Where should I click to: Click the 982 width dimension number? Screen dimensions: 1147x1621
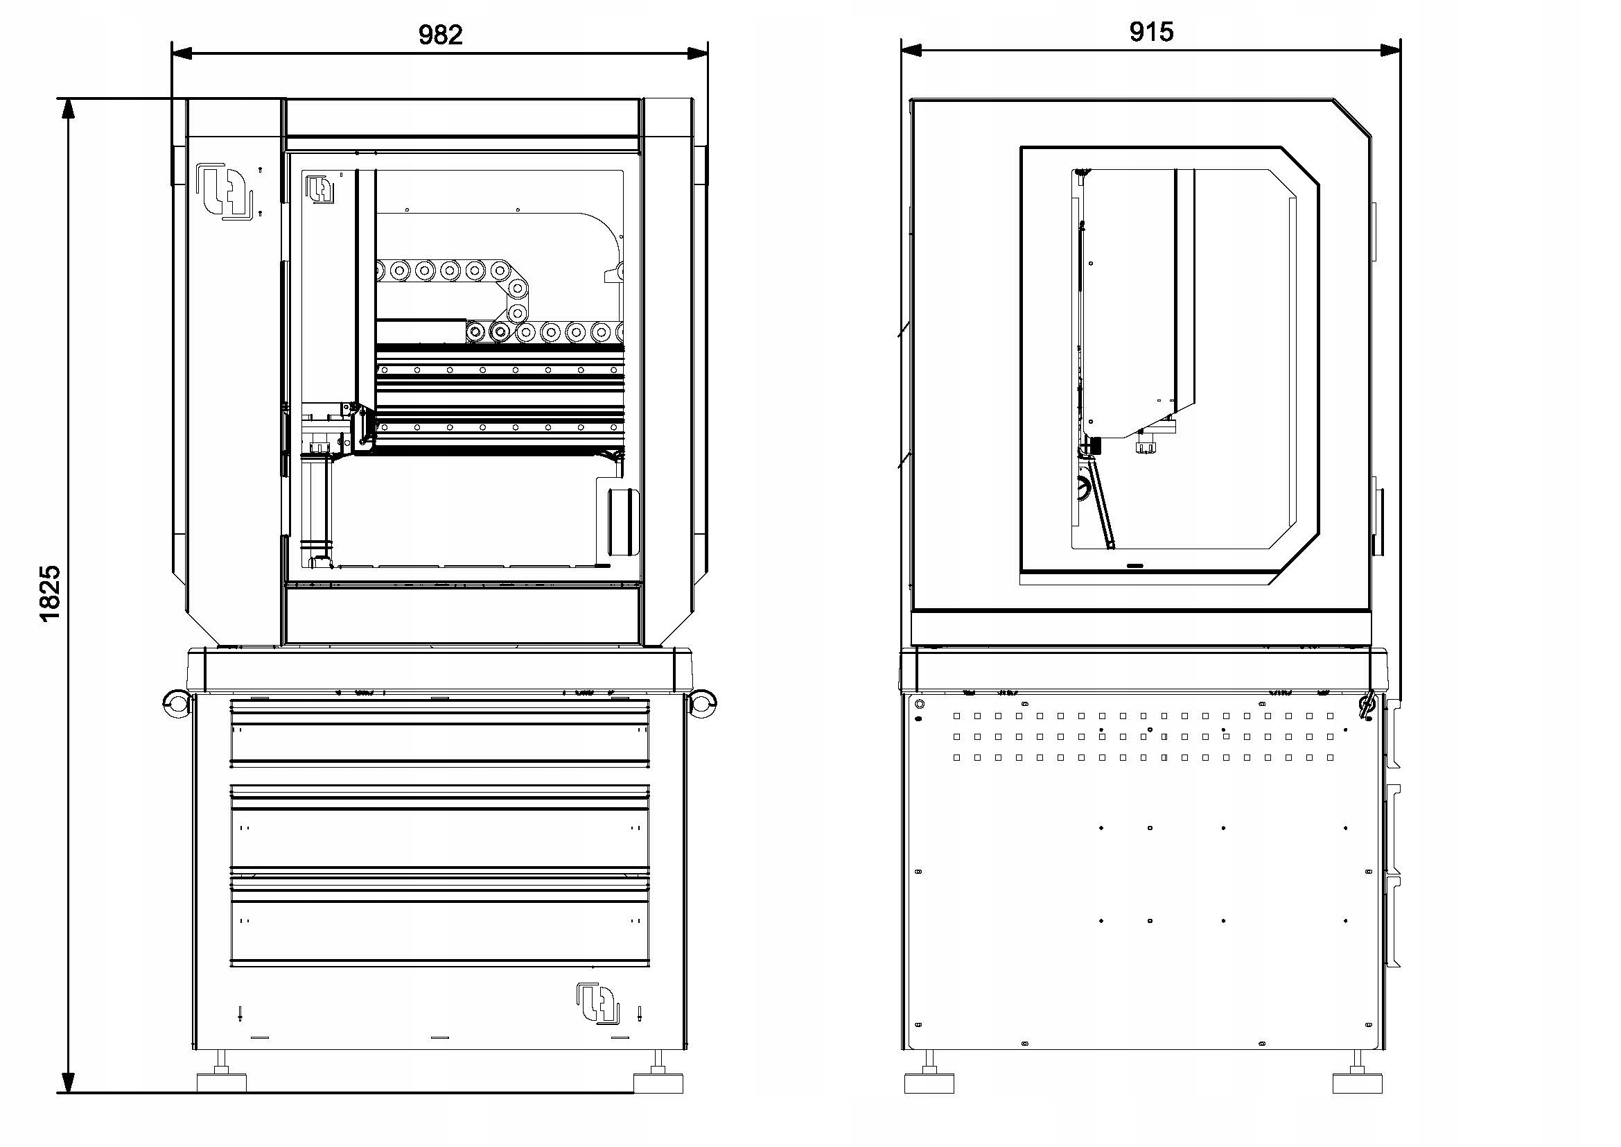click(x=441, y=35)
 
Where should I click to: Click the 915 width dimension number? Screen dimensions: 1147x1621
click(x=1152, y=32)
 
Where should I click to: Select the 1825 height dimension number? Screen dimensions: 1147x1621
click(x=49, y=594)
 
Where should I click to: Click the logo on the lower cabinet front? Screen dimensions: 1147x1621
click(x=597, y=1002)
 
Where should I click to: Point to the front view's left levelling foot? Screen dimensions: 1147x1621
click(x=222, y=1079)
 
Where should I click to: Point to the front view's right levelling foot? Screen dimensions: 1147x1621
click(x=658, y=1079)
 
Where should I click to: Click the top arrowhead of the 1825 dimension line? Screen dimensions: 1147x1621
click(x=69, y=107)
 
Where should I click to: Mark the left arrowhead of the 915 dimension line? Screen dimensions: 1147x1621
click(x=911, y=50)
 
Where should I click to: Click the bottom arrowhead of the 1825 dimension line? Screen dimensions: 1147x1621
click(x=69, y=1083)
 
